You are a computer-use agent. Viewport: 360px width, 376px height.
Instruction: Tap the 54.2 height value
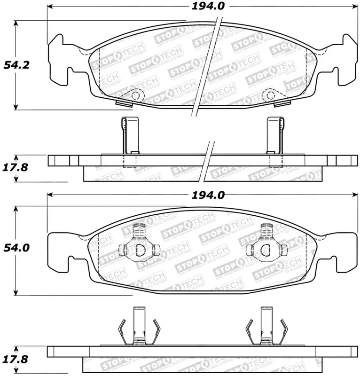pyautogui.click(x=17, y=65)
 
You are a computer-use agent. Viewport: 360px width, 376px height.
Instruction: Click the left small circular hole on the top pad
pyautogui.click(x=136, y=95)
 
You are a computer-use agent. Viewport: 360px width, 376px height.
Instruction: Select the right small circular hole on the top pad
pyautogui.click(x=270, y=95)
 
